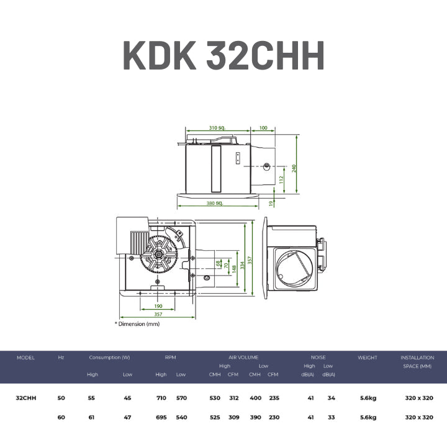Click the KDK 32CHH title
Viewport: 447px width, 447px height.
coord(223,55)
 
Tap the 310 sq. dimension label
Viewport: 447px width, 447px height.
coord(217,128)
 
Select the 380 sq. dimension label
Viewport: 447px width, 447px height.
coord(215,203)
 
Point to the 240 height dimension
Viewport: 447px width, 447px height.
coord(294,168)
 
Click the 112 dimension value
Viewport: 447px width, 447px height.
coord(281,179)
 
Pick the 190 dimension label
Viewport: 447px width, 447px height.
coord(158,306)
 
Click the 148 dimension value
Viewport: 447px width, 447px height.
coord(234,269)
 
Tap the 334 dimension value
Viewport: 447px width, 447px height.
coord(242,266)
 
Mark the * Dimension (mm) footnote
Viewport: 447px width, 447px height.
coord(137,324)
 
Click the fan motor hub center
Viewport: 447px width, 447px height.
coord(158,253)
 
